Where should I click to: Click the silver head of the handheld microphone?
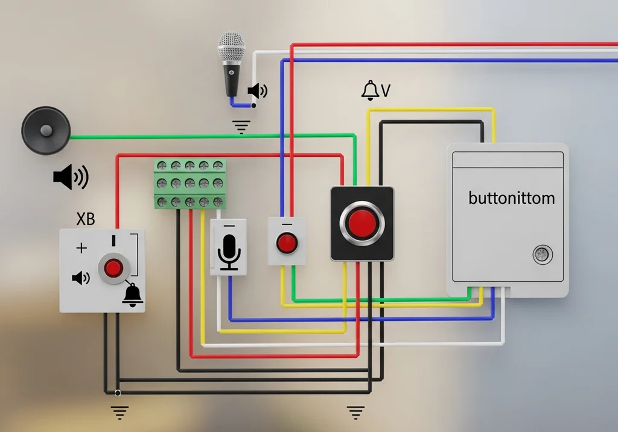[x=231, y=48]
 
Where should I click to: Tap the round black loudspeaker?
[x=46, y=130]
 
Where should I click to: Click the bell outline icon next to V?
[x=370, y=91]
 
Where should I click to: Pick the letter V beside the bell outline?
[x=386, y=91]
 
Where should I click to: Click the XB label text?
[x=86, y=219]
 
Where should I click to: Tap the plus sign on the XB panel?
[x=81, y=248]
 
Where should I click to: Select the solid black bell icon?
[x=133, y=294]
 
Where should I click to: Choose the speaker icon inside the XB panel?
[x=80, y=278]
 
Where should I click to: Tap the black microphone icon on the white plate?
[x=229, y=252]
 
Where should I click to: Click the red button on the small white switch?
[x=287, y=243]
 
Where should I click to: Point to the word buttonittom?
[x=511, y=198]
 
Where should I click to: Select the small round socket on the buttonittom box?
[x=541, y=255]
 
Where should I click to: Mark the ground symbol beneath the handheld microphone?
[x=241, y=127]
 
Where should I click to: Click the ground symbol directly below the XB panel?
[x=119, y=412]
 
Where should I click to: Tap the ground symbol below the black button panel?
[x=355, y=412]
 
